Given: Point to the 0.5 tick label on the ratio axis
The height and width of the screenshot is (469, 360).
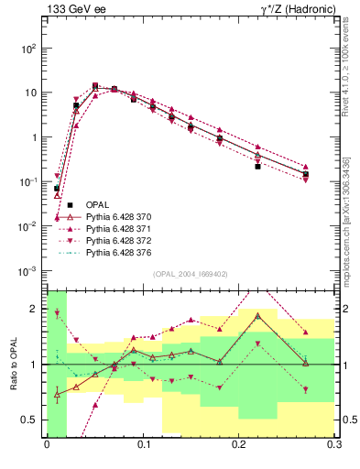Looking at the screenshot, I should tap(32, 420).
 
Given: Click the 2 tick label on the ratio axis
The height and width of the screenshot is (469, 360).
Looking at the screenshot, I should tap(37, 308).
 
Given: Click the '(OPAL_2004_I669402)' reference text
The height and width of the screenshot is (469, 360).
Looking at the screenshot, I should tap(191, 274).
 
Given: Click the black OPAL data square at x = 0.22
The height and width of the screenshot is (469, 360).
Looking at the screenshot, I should tap(258, 167).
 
